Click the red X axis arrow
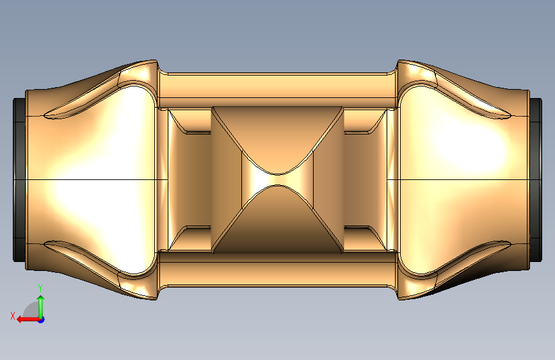[28, 320]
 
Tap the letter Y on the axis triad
[40, 288]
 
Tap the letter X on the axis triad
[13, 316]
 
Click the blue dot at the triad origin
[42, 320]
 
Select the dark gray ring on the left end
[19, 180]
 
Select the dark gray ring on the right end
[536, 180]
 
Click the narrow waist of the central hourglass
[278, 179]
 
